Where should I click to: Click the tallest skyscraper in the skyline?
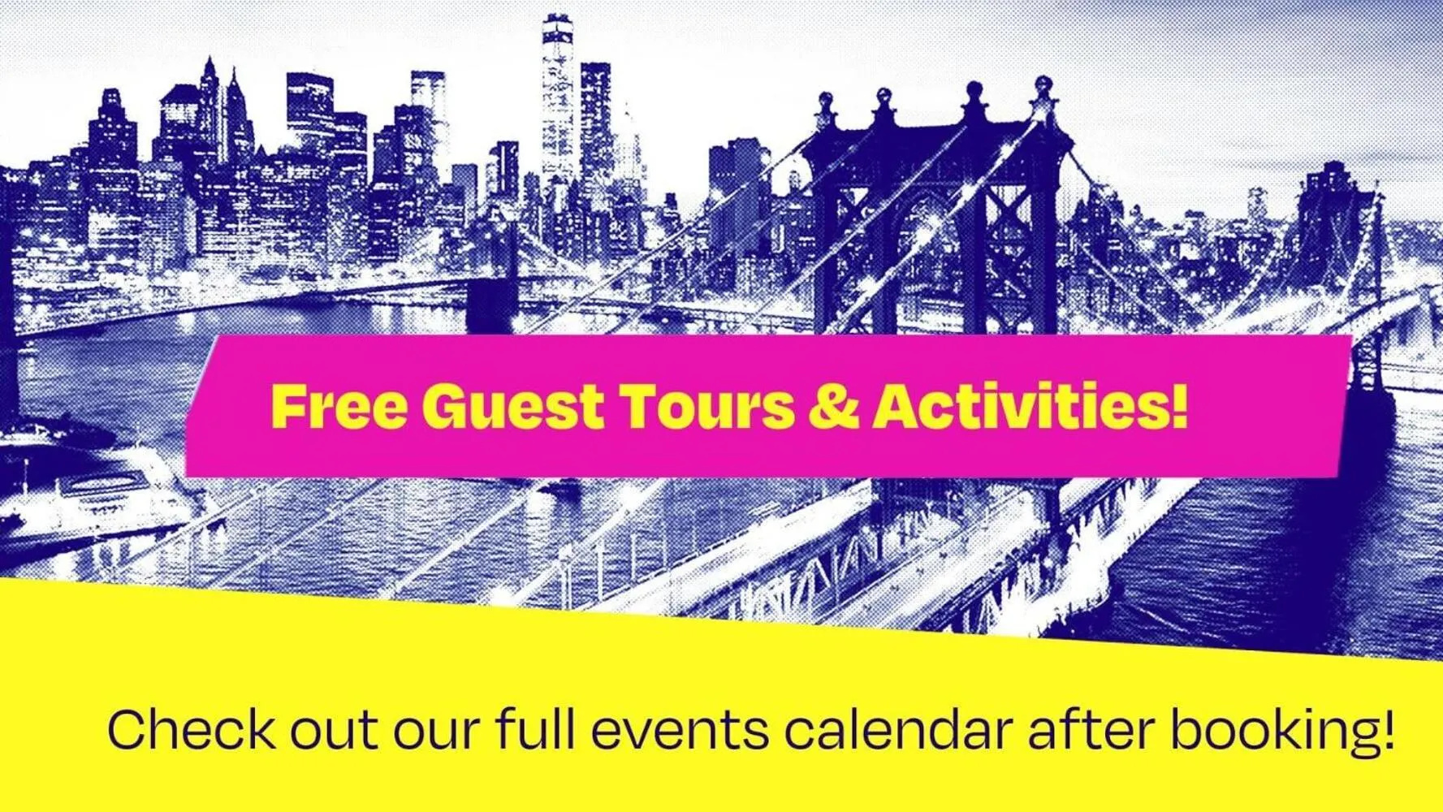point(559,97)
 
